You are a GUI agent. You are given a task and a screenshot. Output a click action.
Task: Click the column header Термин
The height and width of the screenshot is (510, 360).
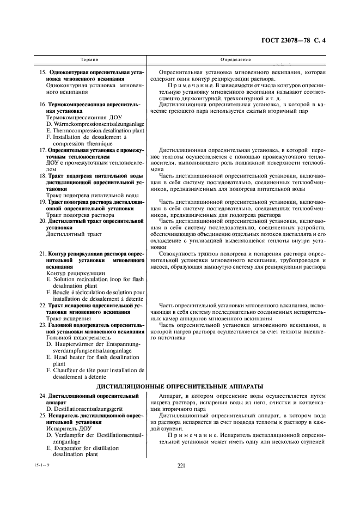89,58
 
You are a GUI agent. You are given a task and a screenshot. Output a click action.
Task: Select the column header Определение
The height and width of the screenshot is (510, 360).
235,58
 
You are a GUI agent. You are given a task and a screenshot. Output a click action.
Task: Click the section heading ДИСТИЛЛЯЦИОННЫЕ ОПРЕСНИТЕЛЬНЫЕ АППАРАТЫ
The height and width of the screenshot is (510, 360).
180,386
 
